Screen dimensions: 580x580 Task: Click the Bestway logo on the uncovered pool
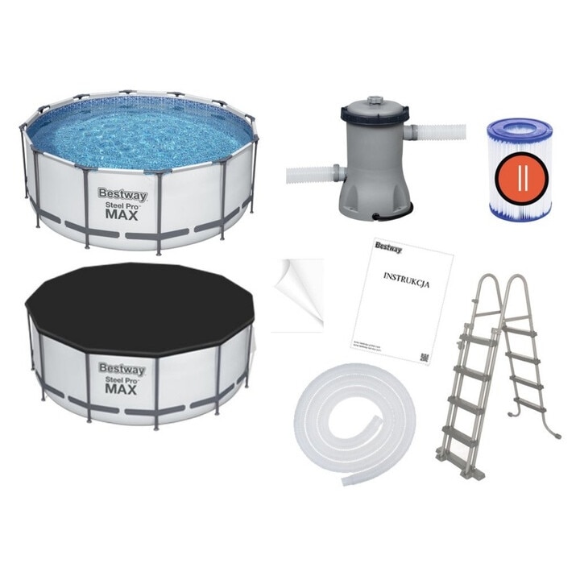pos(121,193)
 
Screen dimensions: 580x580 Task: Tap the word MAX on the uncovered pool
pos(122,215)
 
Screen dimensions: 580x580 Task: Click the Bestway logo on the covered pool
pos(122,369)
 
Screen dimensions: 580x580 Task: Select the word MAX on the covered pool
pos(122,390)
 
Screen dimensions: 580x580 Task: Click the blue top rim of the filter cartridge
pos(520,129)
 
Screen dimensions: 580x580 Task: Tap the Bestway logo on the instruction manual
pos(388,246)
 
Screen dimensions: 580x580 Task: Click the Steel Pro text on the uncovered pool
pos(121,205)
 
